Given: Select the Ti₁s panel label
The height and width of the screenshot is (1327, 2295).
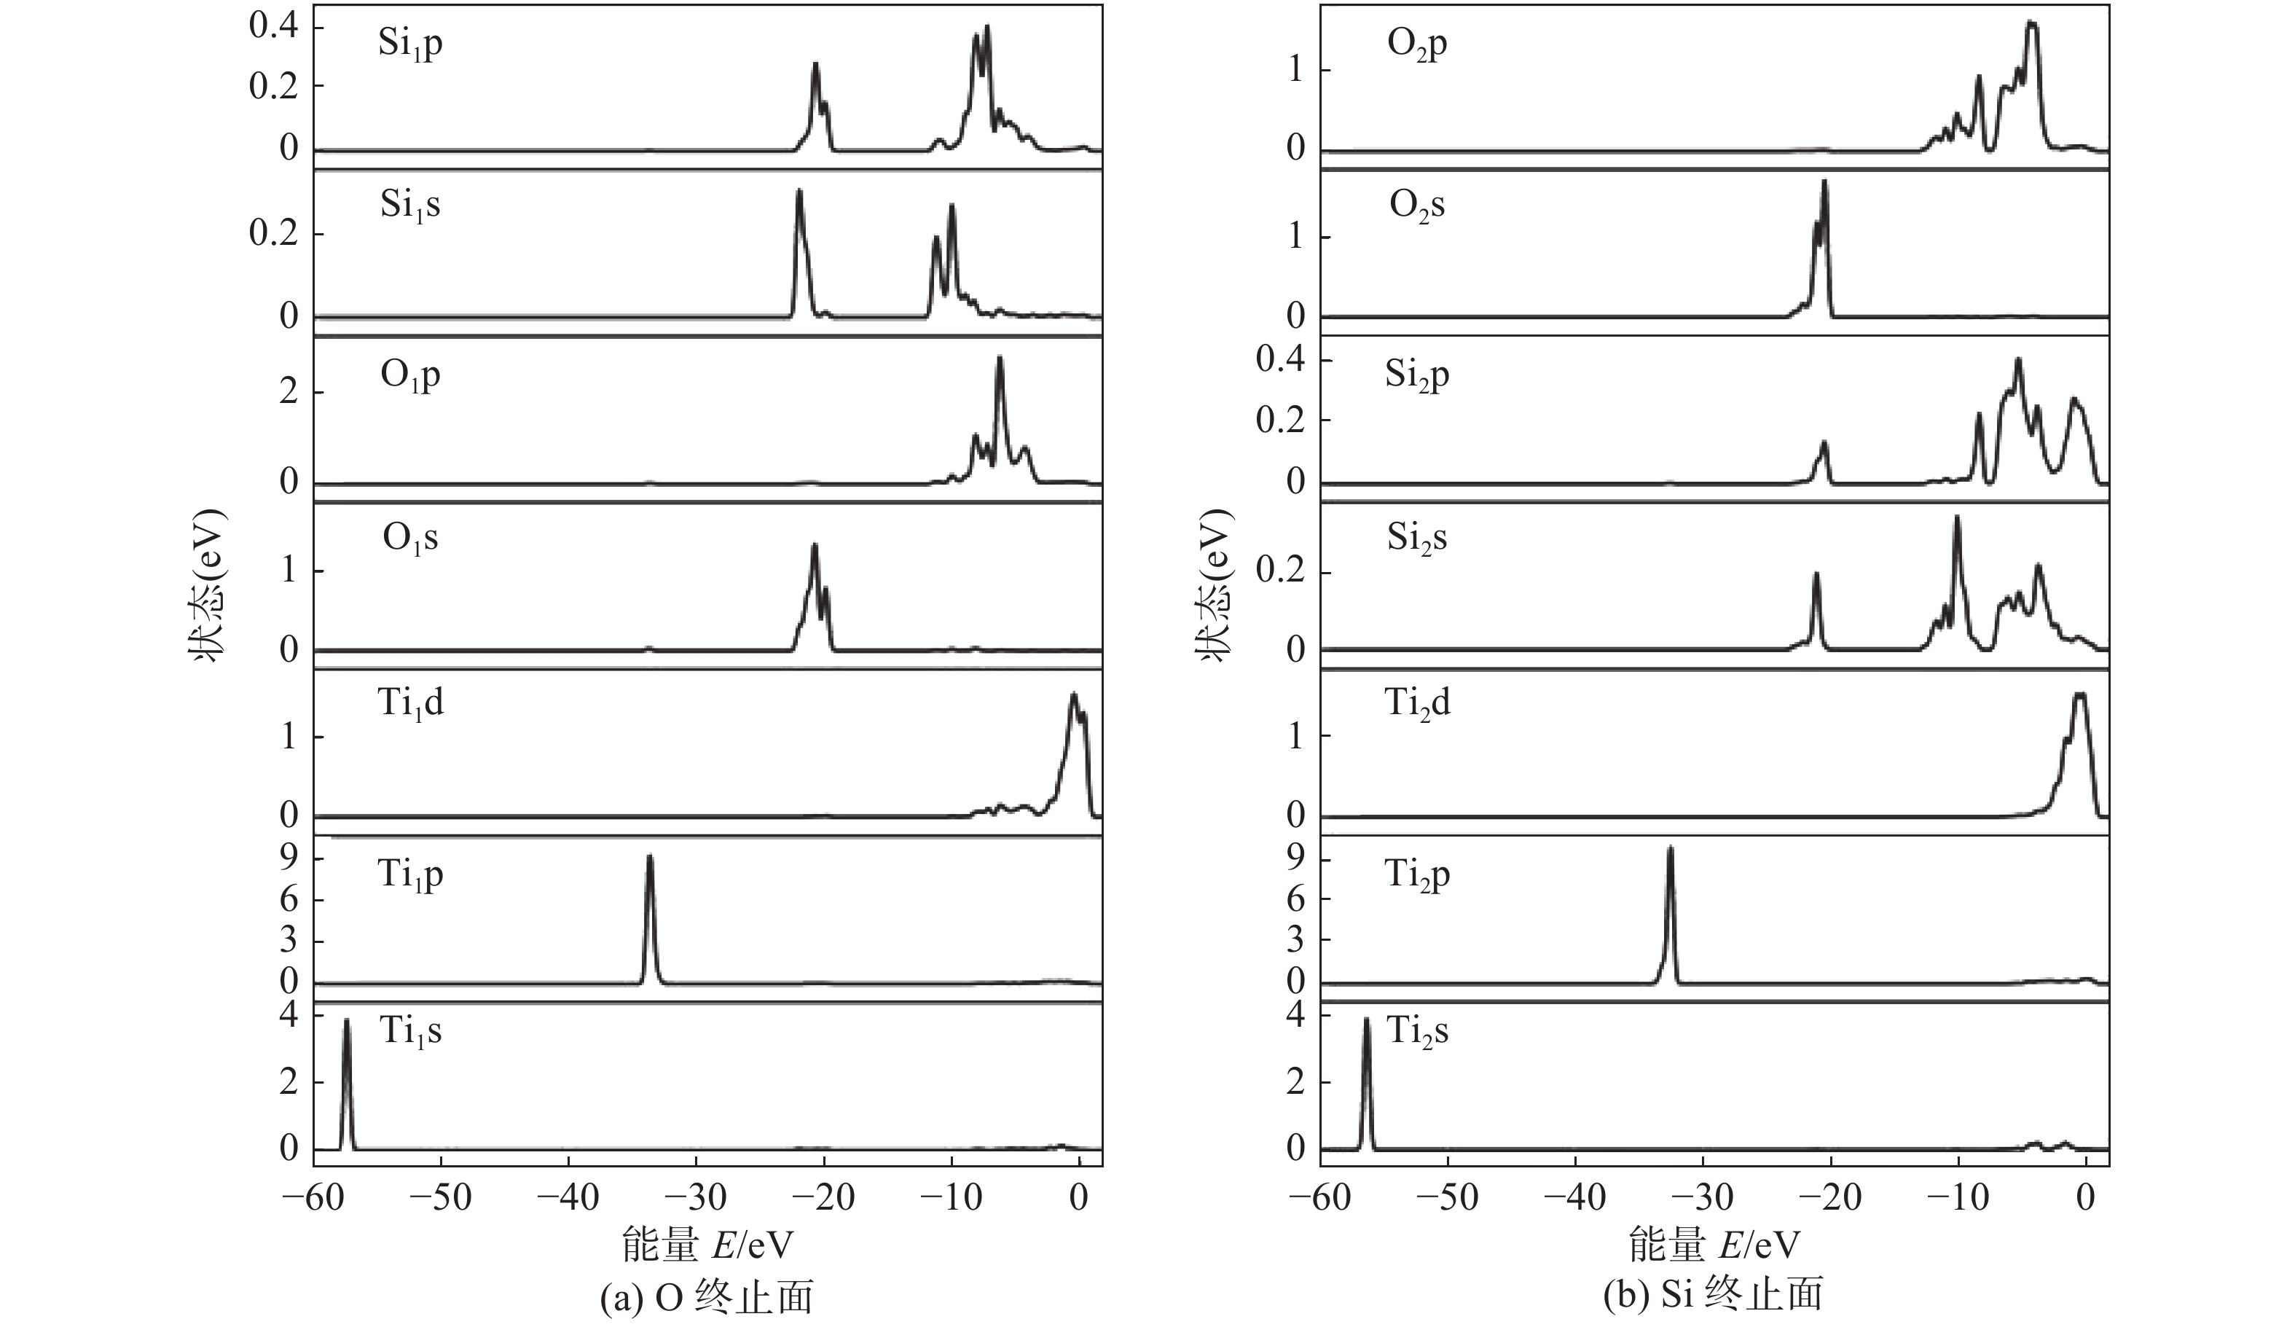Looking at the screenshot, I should click(x=409, y=1031).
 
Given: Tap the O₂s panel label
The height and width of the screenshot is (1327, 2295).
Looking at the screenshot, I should click(x=1417, y=205).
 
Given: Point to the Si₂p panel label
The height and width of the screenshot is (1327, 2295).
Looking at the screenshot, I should click(x=1417, y=375).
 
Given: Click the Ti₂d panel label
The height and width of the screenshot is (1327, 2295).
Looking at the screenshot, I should click(x=1417, y=702).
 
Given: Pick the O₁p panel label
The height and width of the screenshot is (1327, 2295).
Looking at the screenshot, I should click(x=409, y=375).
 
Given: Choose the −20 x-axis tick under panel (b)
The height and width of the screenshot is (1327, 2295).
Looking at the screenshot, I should click(x=1829, y=1198).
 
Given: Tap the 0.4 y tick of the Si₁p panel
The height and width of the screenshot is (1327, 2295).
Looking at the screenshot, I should click(x=274, y=27).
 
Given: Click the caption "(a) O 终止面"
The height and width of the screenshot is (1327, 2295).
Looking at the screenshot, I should click(x=707, y=1298).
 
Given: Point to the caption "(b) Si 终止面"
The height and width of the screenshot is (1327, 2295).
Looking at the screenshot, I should click(x=1713, y=1294).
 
